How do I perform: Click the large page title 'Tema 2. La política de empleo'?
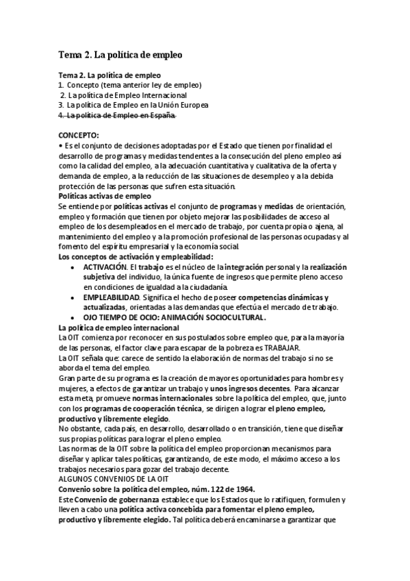120,53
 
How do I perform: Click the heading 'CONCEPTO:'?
79,136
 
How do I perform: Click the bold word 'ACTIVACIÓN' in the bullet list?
106,266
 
